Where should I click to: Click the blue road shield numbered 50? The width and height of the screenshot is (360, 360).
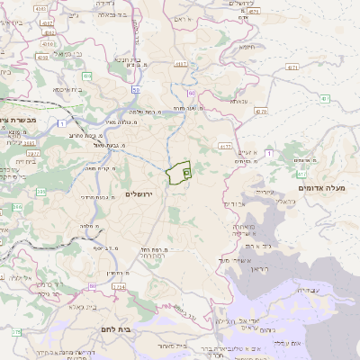click(x=134, y=90)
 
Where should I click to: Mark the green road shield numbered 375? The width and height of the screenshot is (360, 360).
click(x=16, y=332)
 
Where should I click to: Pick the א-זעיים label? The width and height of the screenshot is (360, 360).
click(x=247, y=153)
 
